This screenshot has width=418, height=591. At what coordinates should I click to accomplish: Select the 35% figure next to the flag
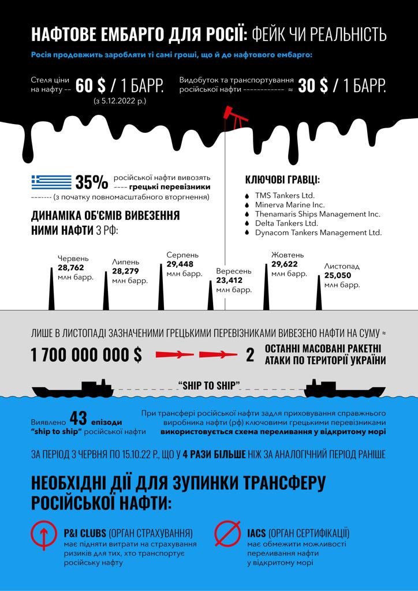pyautogui.click(x=91, y=182)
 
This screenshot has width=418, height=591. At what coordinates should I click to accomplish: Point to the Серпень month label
pyautogui.click(x=182, y=255)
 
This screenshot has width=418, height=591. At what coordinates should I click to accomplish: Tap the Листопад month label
pyautogui.click(x=342, y=267)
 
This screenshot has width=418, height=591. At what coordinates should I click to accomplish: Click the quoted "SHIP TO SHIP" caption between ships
pyautogui.click(x=209, y=384)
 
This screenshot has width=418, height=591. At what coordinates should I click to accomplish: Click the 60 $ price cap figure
pyautogui.click(x=91, y=86)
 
